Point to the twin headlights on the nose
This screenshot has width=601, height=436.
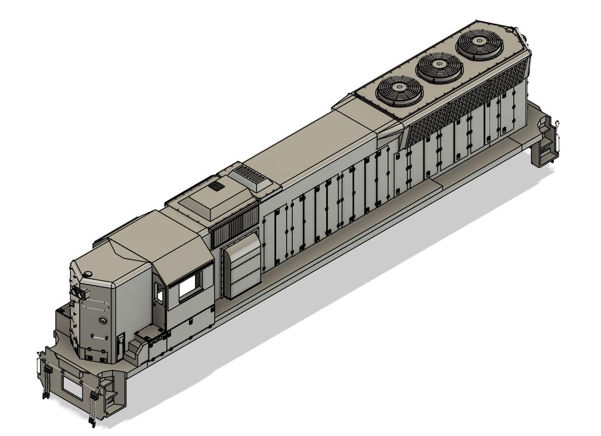pyautogui.click(x=79, y=292)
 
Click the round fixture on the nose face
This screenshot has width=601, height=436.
pyautogui.click(x=103, y=320)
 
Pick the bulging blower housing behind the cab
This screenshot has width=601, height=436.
pyautogui.click(x=241, y=267)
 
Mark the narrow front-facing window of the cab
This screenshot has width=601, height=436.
pyautogui.click(x=159, y=292)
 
